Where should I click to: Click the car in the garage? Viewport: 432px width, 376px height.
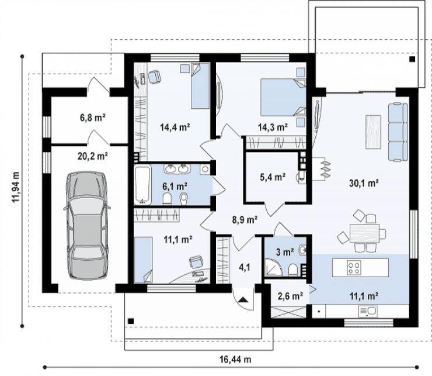click(87, 226)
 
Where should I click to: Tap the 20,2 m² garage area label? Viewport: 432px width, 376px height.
click(92, 156)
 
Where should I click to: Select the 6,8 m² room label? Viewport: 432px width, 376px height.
click(93, 118)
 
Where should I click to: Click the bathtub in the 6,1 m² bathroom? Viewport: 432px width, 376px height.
click(142, 184)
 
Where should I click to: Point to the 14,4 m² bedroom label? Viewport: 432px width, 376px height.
click(175, 127)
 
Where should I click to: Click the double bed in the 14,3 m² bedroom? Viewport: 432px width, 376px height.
click(283, 97)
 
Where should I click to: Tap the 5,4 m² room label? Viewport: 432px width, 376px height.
click(273, 177)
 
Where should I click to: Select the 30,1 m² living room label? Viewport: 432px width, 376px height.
click(364, 183)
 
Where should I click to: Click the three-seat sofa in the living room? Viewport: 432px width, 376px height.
click(398, 132)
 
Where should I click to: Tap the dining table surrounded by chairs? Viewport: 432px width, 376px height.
click(364, 233)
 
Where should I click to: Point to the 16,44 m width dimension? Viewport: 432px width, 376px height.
click(235, 360)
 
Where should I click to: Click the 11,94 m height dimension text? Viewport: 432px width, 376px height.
click(15, 187)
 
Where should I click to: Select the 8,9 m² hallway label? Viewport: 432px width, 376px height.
click(245, 220)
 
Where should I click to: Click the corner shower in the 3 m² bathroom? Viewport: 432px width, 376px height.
click(273, 267)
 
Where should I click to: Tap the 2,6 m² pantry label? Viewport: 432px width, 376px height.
click(290, 296)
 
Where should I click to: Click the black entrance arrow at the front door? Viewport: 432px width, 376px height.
click(243, 299)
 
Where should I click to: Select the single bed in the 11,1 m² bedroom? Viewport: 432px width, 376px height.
click(143, 260)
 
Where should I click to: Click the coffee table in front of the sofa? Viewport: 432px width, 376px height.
click(373, 132)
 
